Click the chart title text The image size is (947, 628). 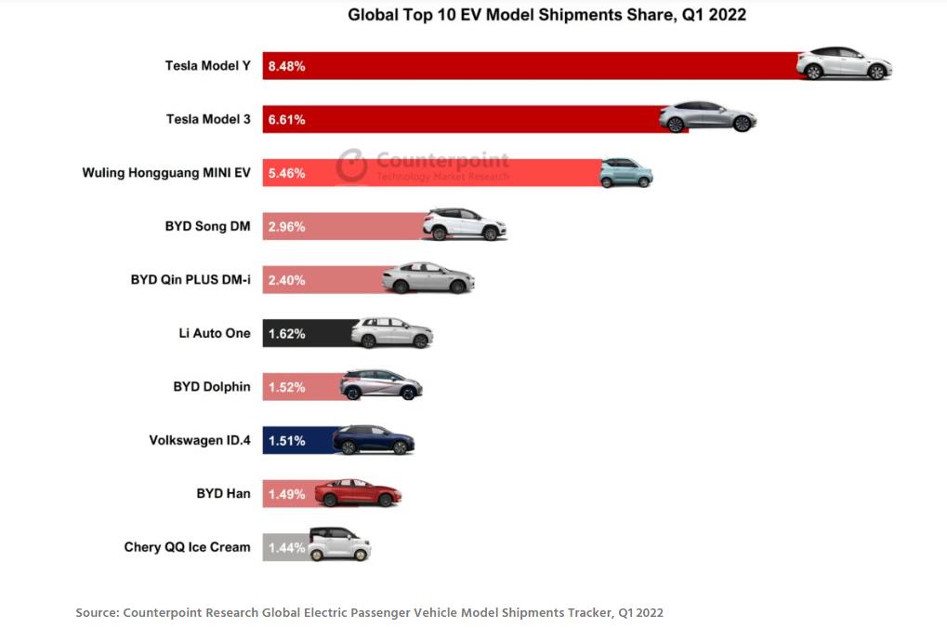tap(546, 15)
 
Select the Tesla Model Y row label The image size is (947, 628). tap(207, 66)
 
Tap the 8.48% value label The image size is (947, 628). tap(286, 66)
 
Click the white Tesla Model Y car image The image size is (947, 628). tap(844, 63)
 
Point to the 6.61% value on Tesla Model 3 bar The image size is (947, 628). tap(286, 119)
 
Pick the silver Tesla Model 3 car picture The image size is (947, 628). tap(707, 117)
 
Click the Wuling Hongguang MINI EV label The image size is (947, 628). tap(166, 173)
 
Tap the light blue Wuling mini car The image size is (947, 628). tap(625, 172)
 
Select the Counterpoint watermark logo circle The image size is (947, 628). tap(352, 166)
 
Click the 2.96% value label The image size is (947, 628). tap(286, 226)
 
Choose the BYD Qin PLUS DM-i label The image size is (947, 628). tap(191, 279)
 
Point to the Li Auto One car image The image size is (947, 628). tap(391, 332)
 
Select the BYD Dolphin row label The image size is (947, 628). tap(211, 386)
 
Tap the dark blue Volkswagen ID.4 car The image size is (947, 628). tap(373, 439)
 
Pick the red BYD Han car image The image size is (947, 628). tap(357, 493)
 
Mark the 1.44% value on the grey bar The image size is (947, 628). tap(286, 547)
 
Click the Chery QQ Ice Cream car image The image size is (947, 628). tap(339, 545)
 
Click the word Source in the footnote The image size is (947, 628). tap(96, 612)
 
